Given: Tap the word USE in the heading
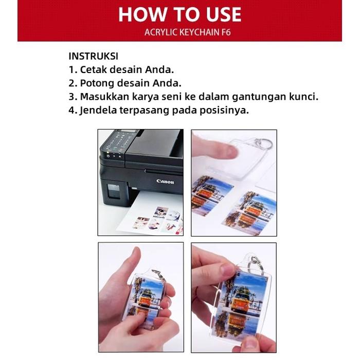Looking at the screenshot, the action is point(224,14).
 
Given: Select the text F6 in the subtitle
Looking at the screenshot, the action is point(226,32).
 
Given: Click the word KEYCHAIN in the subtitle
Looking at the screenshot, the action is point(200,32).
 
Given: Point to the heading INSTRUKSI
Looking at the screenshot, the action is point(94,56).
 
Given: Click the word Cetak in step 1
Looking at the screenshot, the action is point(94,69).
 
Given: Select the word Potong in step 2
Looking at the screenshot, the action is point(97,83).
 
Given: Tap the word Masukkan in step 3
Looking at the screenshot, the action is point(105,97).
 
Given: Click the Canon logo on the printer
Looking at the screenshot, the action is point(165,182).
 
